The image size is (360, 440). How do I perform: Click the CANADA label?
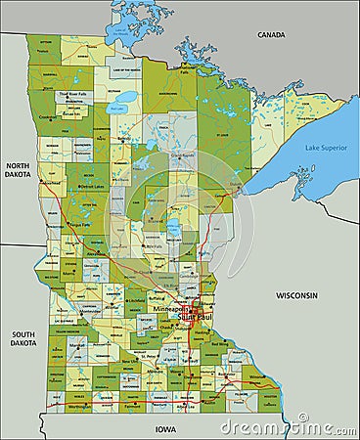[x=271, y=34]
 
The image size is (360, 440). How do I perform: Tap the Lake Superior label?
[x=325, y=147]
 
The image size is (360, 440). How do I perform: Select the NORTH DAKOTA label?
[x=18, y=172]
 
